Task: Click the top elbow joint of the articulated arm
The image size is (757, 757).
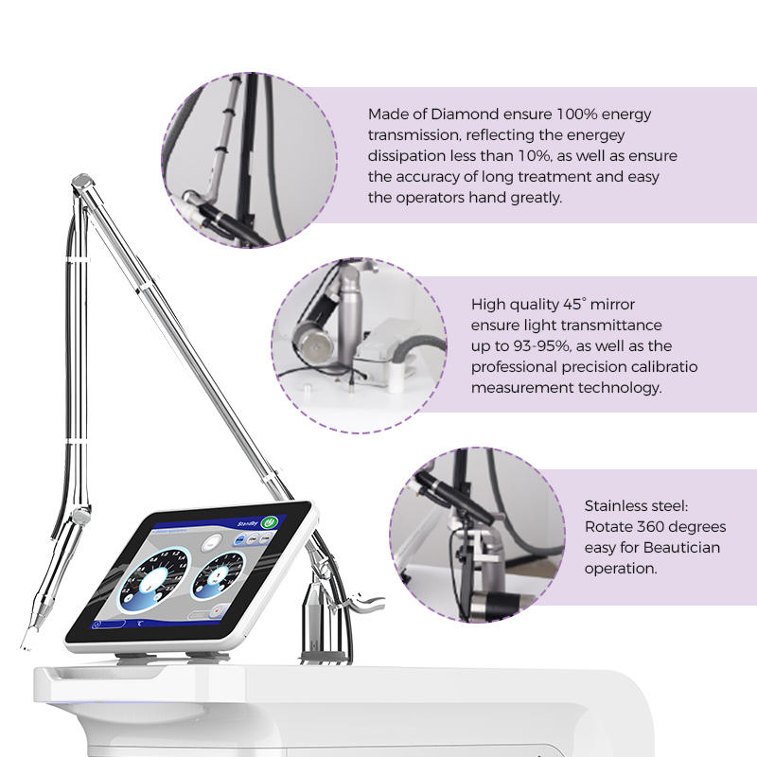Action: pyautogui.click(x=82, y=179)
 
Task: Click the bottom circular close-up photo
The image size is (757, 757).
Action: pyautogui.click(x=477, y=534)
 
